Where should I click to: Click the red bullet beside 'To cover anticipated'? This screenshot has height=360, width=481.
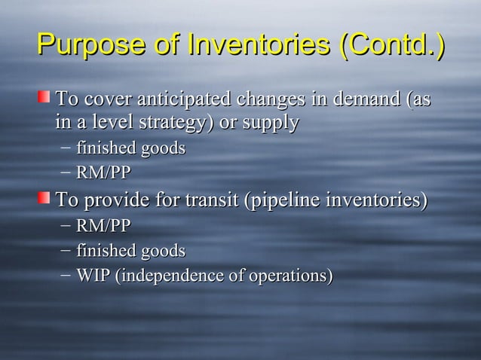tap(47, 96)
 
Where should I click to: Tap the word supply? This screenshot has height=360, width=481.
tap(273, 122)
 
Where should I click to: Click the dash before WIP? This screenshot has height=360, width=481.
tap(66, 276)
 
